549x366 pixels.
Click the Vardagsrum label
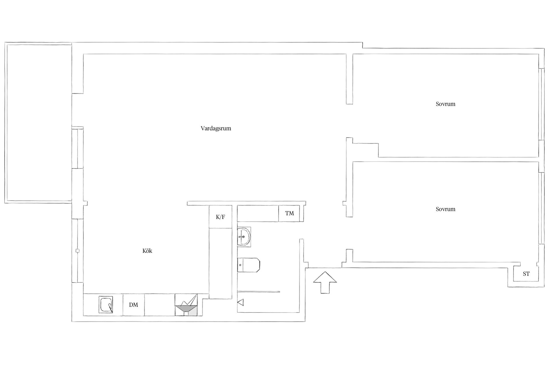216,128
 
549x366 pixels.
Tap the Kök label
147,251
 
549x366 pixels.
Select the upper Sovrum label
445,104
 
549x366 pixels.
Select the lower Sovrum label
445,209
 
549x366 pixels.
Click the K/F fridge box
220,217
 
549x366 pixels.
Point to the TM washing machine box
289,213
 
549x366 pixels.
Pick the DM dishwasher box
134,305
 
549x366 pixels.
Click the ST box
526,274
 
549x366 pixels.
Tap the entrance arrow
325,282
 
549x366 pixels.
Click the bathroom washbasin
244,236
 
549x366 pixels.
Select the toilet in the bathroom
248,265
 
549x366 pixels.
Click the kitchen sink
106,305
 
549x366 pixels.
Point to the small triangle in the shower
240,302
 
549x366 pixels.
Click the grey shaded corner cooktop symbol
186,308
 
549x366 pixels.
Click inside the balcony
38,122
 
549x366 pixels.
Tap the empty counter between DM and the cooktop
160,305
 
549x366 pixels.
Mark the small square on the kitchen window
77,251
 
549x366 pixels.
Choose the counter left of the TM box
258,213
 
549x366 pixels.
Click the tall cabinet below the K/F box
220,263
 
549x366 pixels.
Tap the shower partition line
258,292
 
